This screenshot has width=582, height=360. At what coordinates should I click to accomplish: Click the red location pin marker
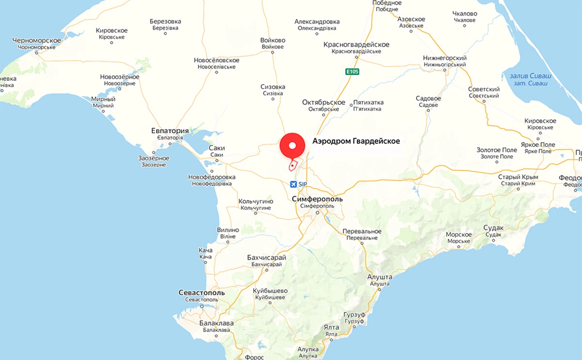click(292, 145)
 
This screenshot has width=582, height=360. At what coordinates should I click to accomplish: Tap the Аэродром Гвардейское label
click(356, 141)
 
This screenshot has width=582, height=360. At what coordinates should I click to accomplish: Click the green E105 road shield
click(352, 72)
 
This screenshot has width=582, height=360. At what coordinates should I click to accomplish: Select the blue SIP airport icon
click(293, 184)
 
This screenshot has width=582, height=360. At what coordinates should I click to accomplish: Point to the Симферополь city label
click(317, 199)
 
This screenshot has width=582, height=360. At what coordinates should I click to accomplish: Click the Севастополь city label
click(201, 293)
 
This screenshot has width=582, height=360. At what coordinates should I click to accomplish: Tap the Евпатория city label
click(170, 131)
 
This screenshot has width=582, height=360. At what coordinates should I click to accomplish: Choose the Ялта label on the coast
click(332, 327)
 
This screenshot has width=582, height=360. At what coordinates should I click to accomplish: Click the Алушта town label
click(380, 277)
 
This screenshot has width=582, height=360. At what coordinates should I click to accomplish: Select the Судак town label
click(494, 228)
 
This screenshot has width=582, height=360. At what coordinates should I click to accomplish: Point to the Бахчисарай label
click(266, 257)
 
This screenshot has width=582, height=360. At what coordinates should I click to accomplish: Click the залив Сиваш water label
click(528, 76)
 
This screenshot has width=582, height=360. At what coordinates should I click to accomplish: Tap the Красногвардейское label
click(356, 45)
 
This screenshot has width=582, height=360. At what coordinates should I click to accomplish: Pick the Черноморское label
click(37, 40)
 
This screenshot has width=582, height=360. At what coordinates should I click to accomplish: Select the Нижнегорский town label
click(444, 57)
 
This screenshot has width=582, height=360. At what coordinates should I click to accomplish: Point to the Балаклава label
click(216, 323)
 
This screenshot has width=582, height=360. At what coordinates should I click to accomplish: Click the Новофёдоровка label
click(211, 177)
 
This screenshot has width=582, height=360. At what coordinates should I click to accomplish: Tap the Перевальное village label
click(361, 231)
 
